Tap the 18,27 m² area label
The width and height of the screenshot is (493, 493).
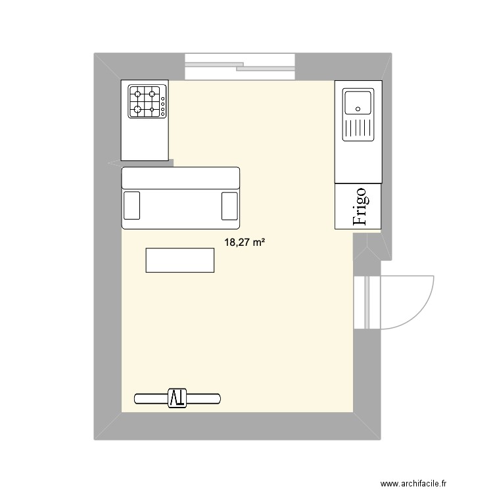245,243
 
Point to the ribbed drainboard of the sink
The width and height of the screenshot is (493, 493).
358,129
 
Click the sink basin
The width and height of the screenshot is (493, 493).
358,103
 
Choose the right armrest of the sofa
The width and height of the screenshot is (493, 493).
229,205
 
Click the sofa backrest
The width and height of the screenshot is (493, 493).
181,178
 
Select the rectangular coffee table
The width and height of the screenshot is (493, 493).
179,260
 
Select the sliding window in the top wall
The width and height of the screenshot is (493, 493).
240,66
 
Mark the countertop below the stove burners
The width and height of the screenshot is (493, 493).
145,140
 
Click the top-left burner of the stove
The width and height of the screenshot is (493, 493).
137,93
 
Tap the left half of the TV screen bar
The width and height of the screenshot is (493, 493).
151,398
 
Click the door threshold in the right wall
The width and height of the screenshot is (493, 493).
367,302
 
